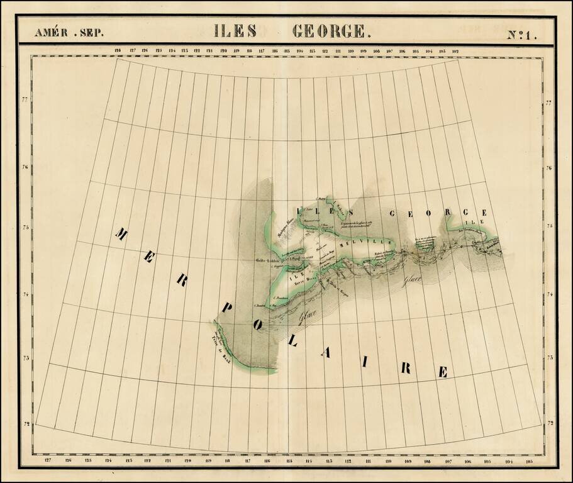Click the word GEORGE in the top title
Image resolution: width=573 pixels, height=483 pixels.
click(x=328, y=31)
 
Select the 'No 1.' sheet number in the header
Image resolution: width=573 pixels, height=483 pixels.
click(x=523, y=35)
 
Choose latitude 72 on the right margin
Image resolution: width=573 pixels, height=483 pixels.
click(x=548, y=423)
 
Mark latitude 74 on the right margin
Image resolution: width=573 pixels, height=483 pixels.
click(x=548, y=294)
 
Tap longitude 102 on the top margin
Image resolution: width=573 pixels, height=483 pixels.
click(x=455, y=51)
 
